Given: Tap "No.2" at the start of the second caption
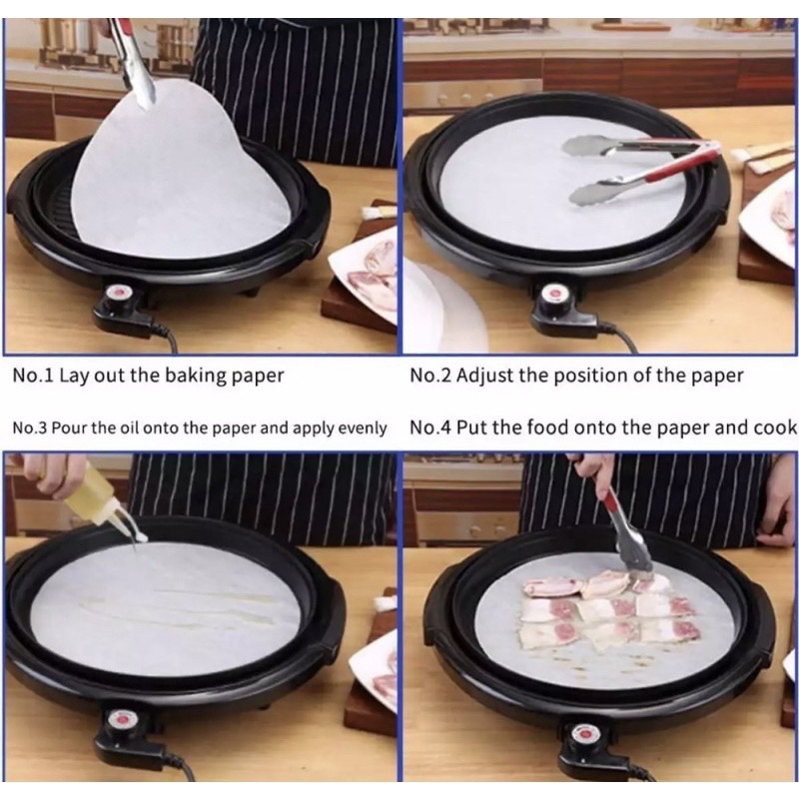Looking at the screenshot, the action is pyautogui.click(x=430, y=376).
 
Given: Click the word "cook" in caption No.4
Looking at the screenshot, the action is pyautogui.click(x=776, y=427).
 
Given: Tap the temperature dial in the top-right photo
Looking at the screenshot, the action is pyautogui.click(x=553, y=295).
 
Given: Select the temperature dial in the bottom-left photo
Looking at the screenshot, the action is pyautogui.click(x=121, y=720).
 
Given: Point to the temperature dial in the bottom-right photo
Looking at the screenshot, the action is pyautogui.click(x=582, y=734).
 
